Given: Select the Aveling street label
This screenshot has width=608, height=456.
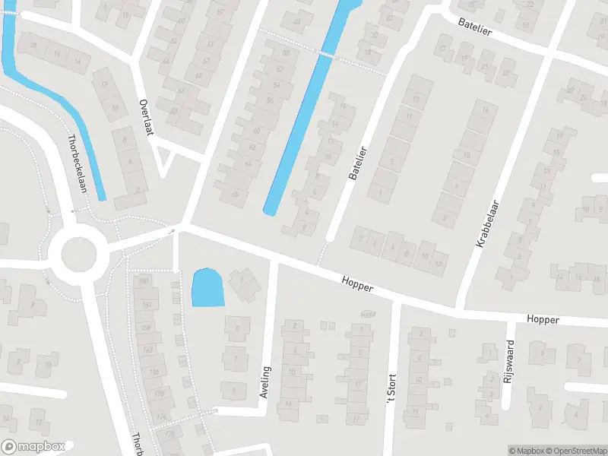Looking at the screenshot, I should tap(265, 382).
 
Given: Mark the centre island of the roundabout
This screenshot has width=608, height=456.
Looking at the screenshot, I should tap(79, 254).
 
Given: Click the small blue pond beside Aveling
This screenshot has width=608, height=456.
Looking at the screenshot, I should tap(207, 288).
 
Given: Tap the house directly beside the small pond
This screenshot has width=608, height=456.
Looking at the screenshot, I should tap(244, 283).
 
